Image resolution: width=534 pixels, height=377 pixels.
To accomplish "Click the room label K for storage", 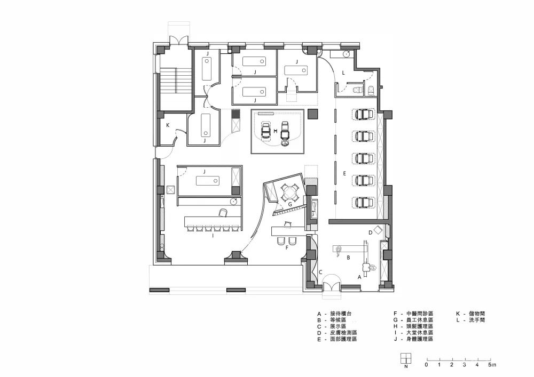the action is [168, 125].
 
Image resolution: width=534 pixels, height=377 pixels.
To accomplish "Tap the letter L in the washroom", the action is [343, 73].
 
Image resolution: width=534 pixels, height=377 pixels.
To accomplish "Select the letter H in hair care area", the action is [276, 131].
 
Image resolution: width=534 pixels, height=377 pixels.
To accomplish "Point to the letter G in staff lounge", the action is [290, 204].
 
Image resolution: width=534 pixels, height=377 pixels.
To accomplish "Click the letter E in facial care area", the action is [344, 173].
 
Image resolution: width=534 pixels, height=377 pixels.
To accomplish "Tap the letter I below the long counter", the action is [213, 235].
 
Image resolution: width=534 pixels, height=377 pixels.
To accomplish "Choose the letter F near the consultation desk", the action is [287, 248].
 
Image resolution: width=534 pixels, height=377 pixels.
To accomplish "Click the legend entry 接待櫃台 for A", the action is [341, 314].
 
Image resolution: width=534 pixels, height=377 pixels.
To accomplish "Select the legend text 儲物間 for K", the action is [477, 314].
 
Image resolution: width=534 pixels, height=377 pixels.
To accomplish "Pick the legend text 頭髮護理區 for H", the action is [420, 326].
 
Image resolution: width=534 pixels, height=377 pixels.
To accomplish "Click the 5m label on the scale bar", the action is [492, 365].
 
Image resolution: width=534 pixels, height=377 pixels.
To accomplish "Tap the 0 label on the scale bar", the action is [426, 365].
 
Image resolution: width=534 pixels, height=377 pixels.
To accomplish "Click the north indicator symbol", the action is [406, 358].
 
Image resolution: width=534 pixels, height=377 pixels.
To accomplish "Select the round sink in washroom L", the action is [346, 54].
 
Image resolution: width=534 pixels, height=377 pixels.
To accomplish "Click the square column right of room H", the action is [312, 114].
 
